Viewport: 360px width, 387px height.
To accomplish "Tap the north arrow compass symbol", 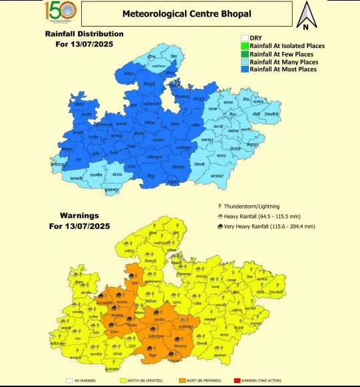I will tap(305, 17).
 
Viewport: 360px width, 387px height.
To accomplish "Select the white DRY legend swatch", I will tap(244, 38).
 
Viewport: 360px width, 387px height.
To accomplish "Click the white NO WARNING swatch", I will tap(69, 381).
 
